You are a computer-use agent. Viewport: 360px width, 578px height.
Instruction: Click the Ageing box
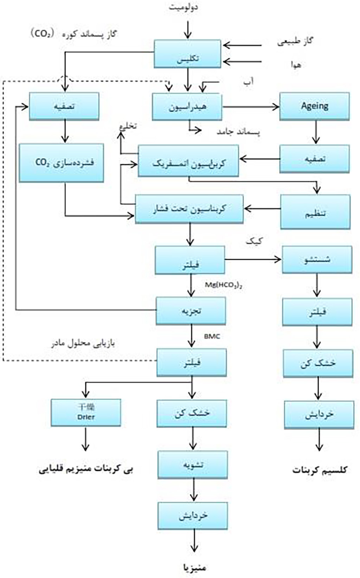coord(315,106)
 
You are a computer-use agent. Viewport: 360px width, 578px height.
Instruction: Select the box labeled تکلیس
coord(187,54)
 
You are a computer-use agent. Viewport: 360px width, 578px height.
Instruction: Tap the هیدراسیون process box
coord(187,107)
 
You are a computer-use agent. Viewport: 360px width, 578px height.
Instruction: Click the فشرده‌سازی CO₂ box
coord(61,163)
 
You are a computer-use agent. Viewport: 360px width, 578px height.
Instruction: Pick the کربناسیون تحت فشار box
coord(189,209)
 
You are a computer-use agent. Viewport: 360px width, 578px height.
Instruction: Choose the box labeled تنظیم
coord(315,212)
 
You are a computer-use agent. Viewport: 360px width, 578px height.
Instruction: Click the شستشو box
coord(317,260)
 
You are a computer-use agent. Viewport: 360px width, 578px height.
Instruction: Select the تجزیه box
coord(191,311)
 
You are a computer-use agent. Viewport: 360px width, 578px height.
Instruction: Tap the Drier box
coord(86,412)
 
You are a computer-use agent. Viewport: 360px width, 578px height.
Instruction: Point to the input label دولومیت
coord(183,7)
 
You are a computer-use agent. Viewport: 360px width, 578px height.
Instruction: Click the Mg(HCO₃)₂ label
coord(224,285)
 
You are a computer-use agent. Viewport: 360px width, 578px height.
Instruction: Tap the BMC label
coord(212,336)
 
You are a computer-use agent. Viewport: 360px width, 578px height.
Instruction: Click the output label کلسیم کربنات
coord(320,470)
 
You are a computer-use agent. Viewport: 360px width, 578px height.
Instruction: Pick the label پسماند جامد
coord(238,132)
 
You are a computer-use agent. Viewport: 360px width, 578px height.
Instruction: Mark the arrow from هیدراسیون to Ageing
coord(250,107)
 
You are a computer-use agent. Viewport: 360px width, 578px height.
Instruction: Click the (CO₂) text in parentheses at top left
coord(42,34)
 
